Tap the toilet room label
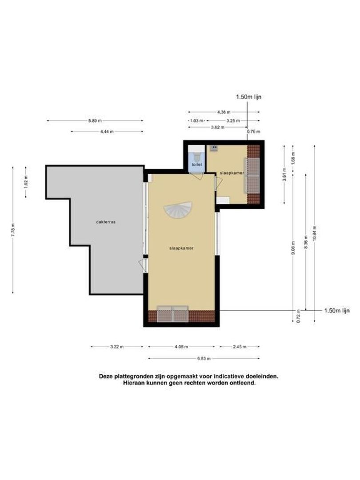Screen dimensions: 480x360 [x=196, y=164]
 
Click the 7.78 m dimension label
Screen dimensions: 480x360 [x=13, y=229]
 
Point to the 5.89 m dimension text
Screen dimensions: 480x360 [x=95, y=120]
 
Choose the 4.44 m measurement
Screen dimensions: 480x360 [x=107, y=132]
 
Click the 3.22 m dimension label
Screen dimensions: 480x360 [x=117, y=347]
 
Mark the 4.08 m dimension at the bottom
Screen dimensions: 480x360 [x=181, y=347]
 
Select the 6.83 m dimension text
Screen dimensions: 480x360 [x=204, y=358]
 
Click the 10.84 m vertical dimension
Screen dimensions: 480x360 [x=315, y=232]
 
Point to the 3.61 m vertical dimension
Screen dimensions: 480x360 [x=284, y=174]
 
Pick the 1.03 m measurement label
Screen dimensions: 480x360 [x=196, y=120]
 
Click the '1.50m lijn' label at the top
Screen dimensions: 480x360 [x=248, y=97]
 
